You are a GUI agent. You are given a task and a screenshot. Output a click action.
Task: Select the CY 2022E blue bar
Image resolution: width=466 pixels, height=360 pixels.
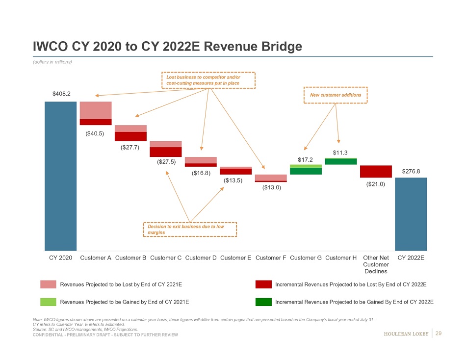[x=411, y=214]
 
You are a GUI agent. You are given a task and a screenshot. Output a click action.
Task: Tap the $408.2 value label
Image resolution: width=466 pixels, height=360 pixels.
[x=60, y=93]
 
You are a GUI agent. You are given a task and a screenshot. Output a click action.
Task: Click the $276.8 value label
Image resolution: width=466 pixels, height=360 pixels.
[x=411, y=171]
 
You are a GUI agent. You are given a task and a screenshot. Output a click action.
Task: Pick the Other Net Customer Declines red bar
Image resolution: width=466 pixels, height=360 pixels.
[x=376, y=171]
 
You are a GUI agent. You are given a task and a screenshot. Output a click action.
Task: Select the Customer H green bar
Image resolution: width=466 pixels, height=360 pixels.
[x=340, y=161]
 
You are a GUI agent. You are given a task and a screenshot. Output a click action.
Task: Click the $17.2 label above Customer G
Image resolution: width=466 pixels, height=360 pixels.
[x=306, y=160]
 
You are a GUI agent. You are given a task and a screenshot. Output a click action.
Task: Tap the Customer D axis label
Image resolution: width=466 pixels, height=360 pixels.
[x=201, y=258]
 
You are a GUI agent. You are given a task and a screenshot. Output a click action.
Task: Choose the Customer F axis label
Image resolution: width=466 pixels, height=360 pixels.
[x=271, y=258]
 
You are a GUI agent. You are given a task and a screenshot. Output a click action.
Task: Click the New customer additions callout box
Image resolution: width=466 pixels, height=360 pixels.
[x=336, y=95]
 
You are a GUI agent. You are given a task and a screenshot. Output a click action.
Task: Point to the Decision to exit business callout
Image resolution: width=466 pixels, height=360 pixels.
[x=190, y=230]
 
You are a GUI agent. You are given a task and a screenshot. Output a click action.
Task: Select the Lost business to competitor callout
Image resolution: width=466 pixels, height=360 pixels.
[x=208, y=80]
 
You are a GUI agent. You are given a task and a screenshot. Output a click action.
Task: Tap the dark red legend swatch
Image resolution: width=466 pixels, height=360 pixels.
[x=264, y=284]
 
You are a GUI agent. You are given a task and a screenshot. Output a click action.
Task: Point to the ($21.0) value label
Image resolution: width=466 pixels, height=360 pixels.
[x=376, y=184]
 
